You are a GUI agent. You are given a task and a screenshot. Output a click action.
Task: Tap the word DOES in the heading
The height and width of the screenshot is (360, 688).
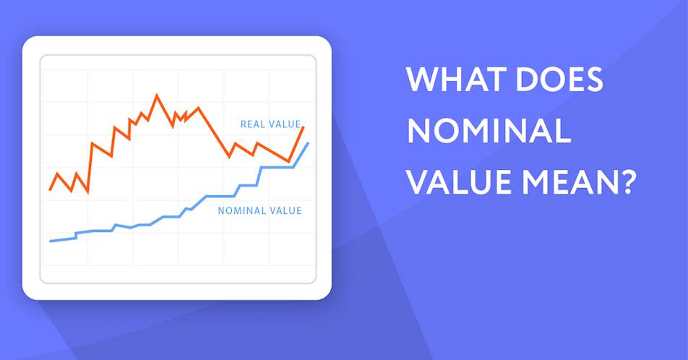tap(559, 80)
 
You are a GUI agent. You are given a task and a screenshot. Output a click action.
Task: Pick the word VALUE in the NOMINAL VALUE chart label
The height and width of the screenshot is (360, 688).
tap(285, 211)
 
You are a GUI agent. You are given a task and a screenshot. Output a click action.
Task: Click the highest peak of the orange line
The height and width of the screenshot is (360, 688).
tap(157, 95)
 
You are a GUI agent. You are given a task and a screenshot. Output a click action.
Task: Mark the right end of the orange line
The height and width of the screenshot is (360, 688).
tap(304, 127)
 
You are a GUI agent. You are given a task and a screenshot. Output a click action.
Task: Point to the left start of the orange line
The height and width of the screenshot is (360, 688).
tap(50, 189)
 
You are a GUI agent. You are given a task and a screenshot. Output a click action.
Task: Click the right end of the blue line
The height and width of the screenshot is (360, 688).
tap(308, 143)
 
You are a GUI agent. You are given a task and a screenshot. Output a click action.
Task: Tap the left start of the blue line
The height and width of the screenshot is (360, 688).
tap(51, 241)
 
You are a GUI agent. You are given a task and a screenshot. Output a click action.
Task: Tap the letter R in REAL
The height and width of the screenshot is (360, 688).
tap(243, 124)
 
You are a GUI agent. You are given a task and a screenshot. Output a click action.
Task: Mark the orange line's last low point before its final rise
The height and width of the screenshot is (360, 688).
tap(289, 161)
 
